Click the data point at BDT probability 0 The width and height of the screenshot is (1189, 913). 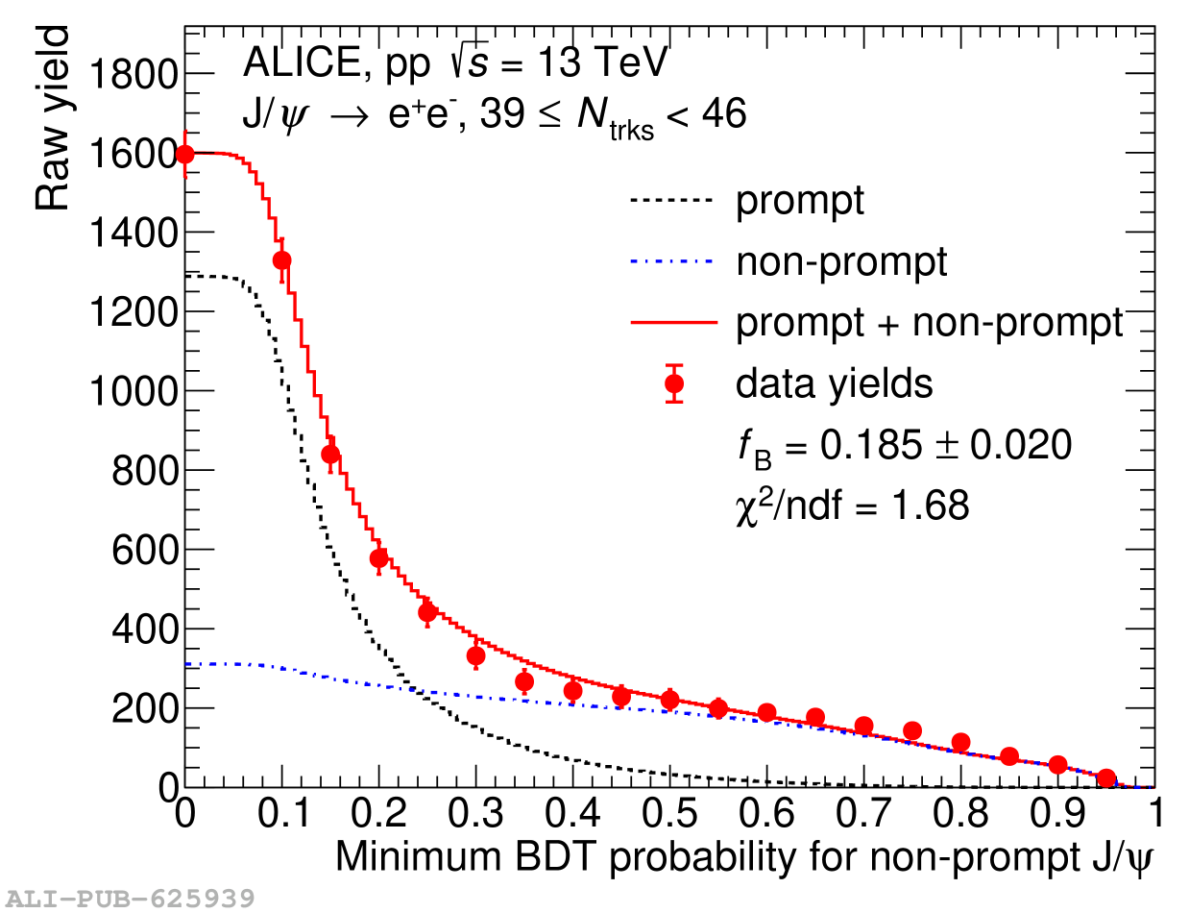(185, 154)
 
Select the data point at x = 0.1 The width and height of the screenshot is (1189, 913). (282, 260)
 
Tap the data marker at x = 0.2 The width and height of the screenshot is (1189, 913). (379, 558)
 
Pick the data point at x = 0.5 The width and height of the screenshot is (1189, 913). (670, 700)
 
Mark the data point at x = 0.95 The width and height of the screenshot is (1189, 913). (1106, 778)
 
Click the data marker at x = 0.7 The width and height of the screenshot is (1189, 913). (864, 727)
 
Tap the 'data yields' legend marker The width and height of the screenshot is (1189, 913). (674, 383)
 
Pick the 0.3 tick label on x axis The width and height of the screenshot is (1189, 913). (475, 814)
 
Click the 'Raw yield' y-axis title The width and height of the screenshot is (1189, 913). (54, 119)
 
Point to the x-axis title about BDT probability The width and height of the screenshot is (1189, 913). (741, 857)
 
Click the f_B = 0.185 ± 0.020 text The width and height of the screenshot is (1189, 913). (903, 447)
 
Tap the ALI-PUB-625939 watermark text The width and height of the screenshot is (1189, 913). (129, 900)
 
